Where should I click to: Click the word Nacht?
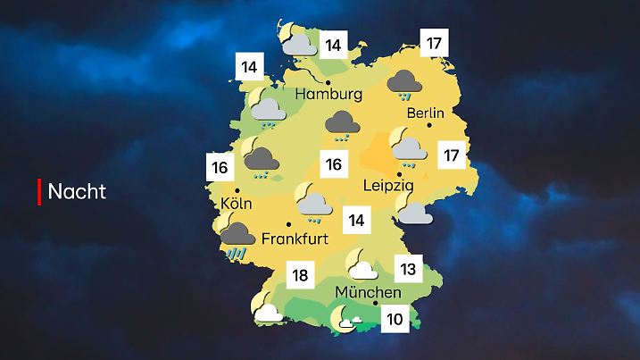click(x=77, y=191)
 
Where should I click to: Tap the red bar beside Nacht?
click(x=39, y=191)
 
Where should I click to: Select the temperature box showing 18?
click(x=301, y=274)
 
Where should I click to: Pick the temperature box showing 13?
click(x=408, y=267)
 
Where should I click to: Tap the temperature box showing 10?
click(x=394, y=317)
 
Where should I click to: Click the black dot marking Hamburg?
click(x=328, y=82)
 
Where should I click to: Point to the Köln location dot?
click(x=237, y=190)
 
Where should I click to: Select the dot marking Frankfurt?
click(x=288, y=224)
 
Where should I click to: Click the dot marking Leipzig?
click(x=398, y=173)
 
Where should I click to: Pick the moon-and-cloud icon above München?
click(x=362, y=265)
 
